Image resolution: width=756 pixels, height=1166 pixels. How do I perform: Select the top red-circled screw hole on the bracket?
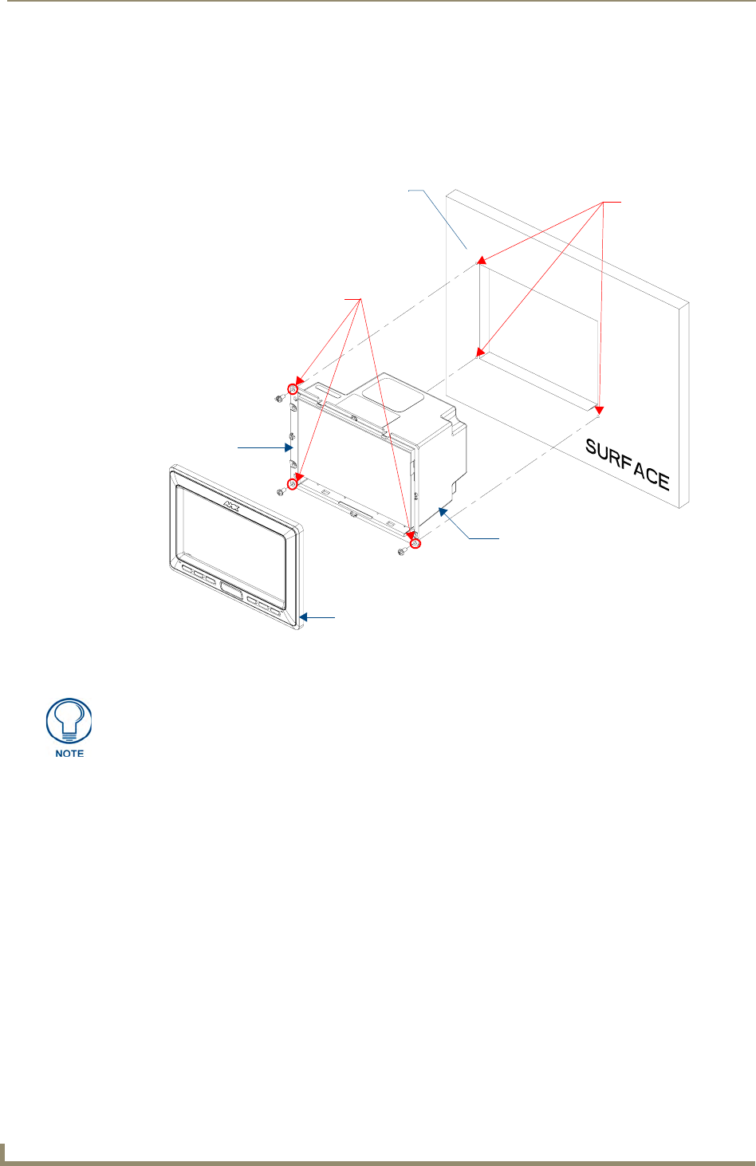point(293,389)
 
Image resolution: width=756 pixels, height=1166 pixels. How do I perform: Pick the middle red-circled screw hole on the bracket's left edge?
point(293,484)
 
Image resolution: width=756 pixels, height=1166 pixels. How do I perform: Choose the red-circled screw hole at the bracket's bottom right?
point(415,544)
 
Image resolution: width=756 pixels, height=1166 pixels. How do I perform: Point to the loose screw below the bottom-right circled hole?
point(403,551)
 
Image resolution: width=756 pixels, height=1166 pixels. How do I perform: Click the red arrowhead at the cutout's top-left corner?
point(482,260)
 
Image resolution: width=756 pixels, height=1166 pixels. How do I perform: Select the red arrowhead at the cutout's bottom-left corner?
point(481,351)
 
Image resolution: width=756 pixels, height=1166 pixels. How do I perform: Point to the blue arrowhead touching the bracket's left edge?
point(289,447)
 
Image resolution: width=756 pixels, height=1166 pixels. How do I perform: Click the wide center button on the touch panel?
point(231,592)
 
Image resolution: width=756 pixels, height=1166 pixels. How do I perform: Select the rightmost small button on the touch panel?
point(275,613)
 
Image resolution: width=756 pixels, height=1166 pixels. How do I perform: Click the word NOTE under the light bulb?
point(69,754)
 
